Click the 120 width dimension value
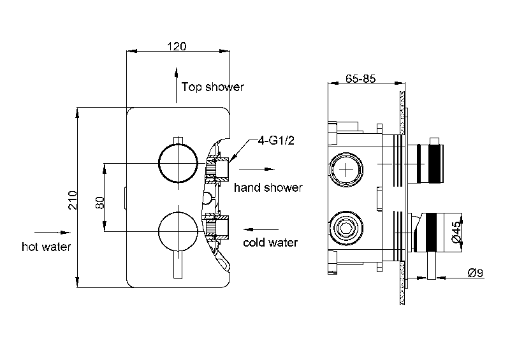pyautogui.click(x=177, y=47)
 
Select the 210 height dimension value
pyautogui.click(x=72, y=200)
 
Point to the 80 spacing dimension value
pyautogui.click(x=100, y=202)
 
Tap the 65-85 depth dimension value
pyautogui.click(x=360, y=78)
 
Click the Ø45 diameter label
pyautogui.click(x=456, y=231)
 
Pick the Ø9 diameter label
pyautogui.click(x=476, y=272)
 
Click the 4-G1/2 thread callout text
pyautogui.click(x=276, y=140)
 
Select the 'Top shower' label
pyautogui.click(x=213, y=87)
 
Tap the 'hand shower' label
pyautogui.click(x=268, y=187)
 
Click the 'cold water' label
pyautogui.click(x=270, y=242)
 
